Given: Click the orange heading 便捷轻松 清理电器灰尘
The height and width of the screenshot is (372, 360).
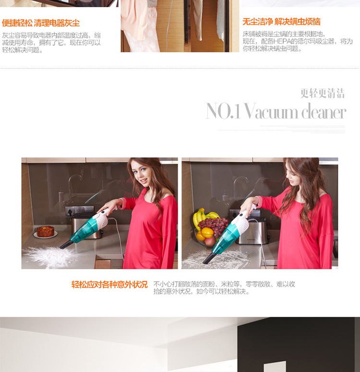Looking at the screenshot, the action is point(41,23).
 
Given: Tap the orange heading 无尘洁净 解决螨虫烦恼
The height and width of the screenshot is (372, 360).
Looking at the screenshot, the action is point(281,22).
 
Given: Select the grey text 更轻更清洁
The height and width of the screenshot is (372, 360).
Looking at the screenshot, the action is point(323,93).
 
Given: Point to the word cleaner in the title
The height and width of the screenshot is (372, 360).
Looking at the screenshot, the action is point(324,111).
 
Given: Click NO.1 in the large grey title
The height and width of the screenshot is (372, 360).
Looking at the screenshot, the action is point(223,111).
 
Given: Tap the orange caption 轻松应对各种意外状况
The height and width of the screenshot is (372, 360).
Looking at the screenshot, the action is point(109,285).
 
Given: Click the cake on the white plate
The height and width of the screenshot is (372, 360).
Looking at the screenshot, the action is point(46,231).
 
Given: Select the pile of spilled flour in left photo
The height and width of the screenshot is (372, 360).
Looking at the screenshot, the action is point(48,257).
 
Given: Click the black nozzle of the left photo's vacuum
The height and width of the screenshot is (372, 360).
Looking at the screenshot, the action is point(65,245).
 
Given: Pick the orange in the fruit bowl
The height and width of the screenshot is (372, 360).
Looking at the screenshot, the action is point(207,233).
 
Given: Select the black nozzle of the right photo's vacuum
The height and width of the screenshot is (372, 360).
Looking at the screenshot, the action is point(208,259).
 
